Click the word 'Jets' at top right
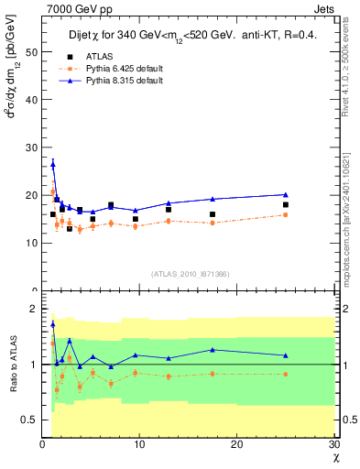coord(325,7)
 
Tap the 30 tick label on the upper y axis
coord(32,147)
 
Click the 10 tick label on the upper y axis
coord(32,243)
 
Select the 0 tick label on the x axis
coord(42,444)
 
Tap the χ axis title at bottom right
coord(334,456)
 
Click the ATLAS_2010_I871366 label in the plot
coord(190,273)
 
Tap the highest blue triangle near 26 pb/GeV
coord(53,164)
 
